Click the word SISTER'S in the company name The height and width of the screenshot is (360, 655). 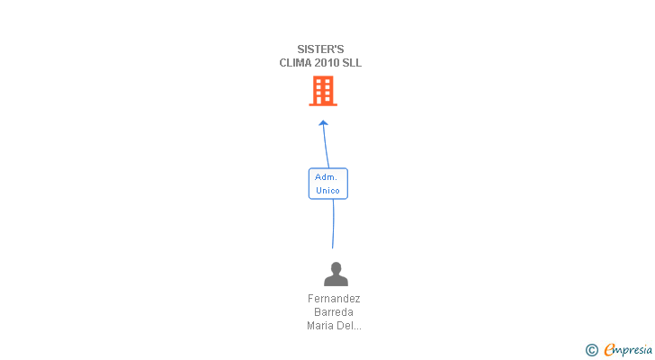pyautogui.click(x=320, y=49)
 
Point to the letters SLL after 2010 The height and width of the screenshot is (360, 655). pyautogui.click(x=353, y=63)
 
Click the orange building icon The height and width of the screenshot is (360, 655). pyautogui.click(x=323, y=91)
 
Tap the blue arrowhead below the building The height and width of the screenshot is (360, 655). pyautogui.click(x=324, y=123)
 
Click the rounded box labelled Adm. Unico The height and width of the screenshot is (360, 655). pyautogui.click(x=327, y=184)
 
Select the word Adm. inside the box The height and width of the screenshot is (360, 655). pyautogui.click(x=326, y=176)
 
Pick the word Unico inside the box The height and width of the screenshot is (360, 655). pyautogui.click(x=327, y=191)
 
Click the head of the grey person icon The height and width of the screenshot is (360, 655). pyautogui.click(x=336, y=267)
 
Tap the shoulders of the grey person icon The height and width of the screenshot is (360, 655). pyautogui.click(x=336, y=280)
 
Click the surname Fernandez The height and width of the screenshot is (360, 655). pyautogui.click(x=334, y=299)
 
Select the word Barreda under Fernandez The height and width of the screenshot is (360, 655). pyautogui.click(x=334, y=312)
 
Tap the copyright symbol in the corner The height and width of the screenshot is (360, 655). pyautogui.click(x=591, y=349)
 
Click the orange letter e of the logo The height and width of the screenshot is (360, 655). pyautogui.click(x=609, y=349)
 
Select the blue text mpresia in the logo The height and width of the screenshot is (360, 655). pyautogui.click(x=633, y=350)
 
